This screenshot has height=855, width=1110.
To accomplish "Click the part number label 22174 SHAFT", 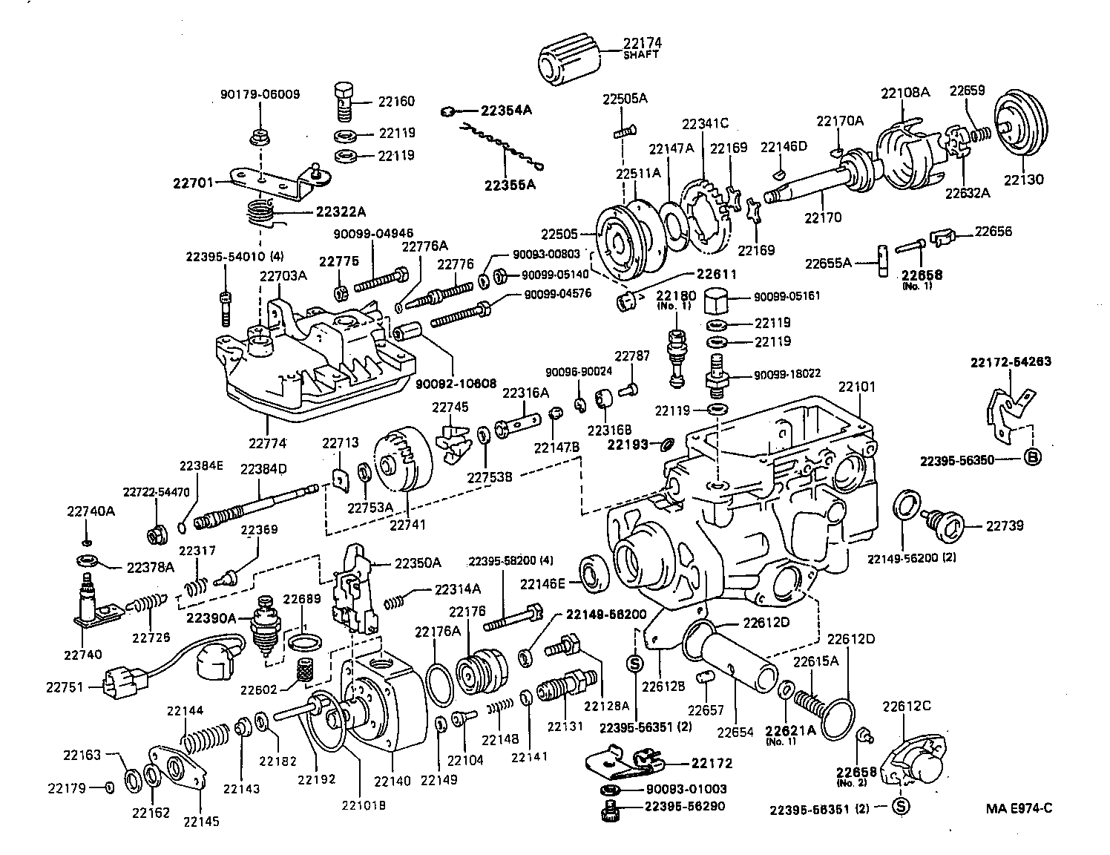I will click(642, 47).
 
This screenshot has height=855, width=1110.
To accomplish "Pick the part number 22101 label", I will click(857, 387).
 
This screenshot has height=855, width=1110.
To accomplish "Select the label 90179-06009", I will click(260, 94).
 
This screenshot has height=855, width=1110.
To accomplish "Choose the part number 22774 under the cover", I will click(267, 443).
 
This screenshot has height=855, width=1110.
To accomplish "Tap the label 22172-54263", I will click(1011, 362).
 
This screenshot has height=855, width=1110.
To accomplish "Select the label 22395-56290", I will click(684, 806).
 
